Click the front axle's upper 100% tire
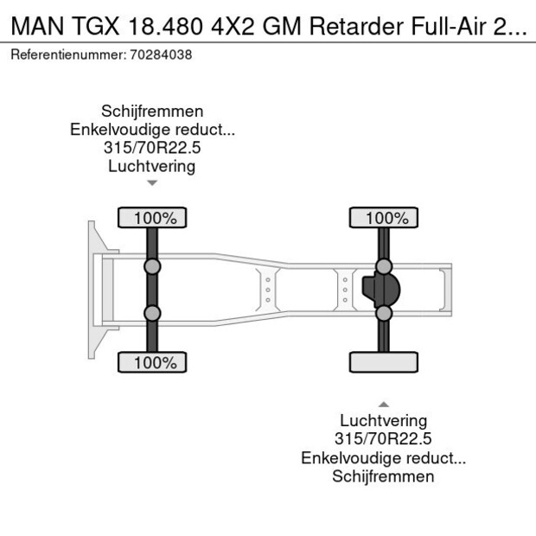152,217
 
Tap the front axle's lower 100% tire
152,362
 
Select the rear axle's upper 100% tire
384,217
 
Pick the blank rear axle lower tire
384,362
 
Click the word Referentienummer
67,54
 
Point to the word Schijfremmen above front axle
152,112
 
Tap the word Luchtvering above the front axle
152,166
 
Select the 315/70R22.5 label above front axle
152,148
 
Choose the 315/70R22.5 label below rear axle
384,439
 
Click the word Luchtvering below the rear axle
384,421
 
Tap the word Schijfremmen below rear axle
384,476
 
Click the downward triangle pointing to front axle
152,183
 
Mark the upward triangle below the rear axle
384,404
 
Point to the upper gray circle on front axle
152,266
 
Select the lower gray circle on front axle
152,313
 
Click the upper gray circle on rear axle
384,266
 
